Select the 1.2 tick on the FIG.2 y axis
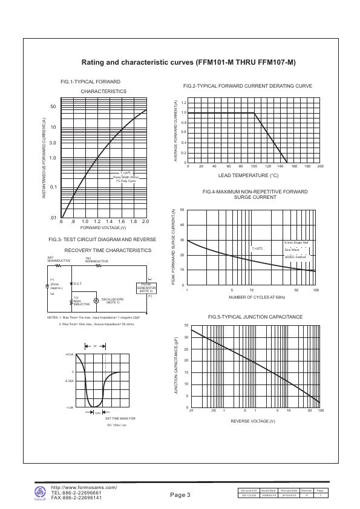(x=184, y=103)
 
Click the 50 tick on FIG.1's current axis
(x=53, y=107)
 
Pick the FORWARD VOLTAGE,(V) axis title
(x=103, y=227)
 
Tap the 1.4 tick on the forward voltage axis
(x=109, y=221)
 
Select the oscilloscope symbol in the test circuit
(x=96, y=299)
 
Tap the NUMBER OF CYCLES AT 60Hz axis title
(x=257, y=297)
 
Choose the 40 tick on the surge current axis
(x=182, y=225)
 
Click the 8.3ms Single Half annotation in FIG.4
(x=296, y=242)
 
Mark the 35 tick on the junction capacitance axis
(x=185, y=325)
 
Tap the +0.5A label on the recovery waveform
(x=69, y=354)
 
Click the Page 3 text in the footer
(x=180, y=495)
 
